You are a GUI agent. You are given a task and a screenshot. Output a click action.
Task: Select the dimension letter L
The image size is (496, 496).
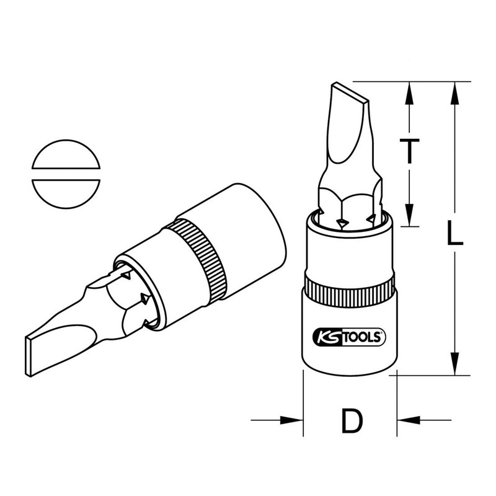coord(456,236)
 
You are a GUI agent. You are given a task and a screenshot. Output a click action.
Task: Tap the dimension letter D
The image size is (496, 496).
coord(351,422)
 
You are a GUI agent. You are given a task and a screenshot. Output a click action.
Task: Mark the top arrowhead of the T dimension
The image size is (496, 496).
coord(409,90)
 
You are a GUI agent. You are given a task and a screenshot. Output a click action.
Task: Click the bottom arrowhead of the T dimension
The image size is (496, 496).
coord(409,218)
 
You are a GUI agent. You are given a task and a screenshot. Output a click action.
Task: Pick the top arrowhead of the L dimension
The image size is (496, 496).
coord(456,90)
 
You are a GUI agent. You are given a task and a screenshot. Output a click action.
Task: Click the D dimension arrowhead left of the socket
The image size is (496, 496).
coord(294,421)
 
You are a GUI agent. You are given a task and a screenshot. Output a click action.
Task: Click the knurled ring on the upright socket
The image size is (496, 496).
coord(349,290)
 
